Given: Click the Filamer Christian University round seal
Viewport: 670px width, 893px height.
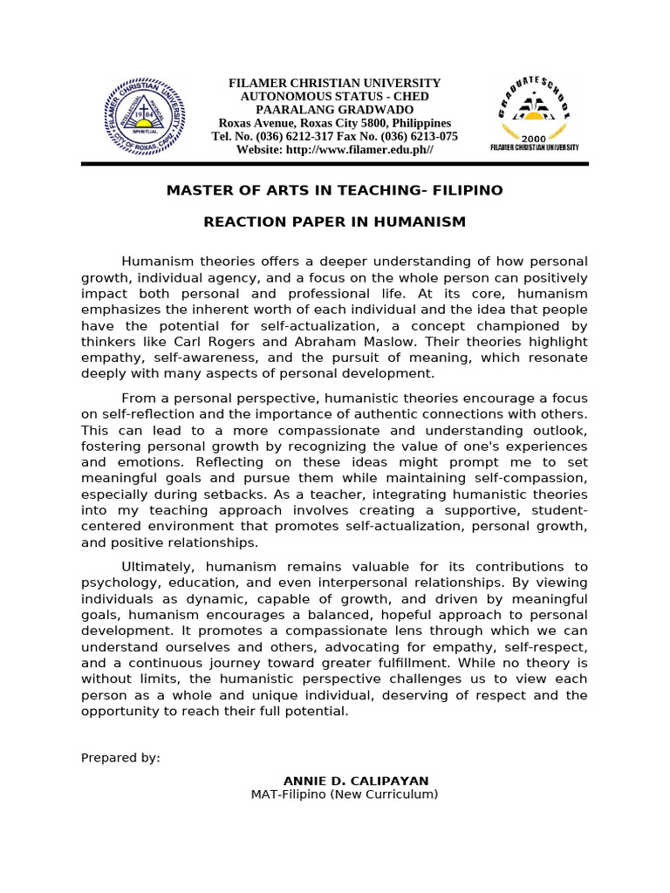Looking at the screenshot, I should pyautogui.click(x=145, y=116).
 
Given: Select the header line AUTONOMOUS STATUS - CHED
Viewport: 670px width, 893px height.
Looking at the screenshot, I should pyautogui.click(x=334, y=97).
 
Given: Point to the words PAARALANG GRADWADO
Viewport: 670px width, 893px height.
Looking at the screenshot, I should pyautogui.click(x=334, y=110).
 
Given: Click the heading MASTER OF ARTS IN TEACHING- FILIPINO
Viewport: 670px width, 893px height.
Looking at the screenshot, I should pyautogui.click(x=334, y=190).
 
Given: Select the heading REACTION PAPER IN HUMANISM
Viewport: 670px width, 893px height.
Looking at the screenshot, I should pyautogui.click(x=334, y=222).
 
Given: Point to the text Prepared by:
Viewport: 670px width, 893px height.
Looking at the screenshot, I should pyautogui.click(x=120, y=758).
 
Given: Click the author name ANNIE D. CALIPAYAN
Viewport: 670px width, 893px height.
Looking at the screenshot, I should pyautogui.click(x=356, y=781).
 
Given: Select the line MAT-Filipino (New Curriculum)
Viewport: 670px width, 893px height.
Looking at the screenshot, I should pyautogui.click(x=344, y=794).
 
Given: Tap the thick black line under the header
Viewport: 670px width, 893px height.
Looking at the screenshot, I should pyautogui.click(x=334, y=164).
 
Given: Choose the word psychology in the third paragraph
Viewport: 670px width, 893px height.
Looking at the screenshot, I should pyautogui.click(x=116, y=583).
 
